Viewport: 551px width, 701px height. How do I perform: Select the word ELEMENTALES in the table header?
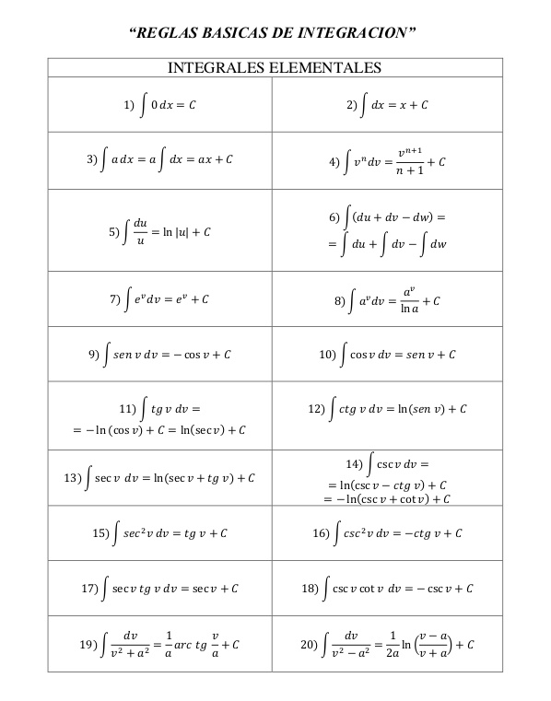323,68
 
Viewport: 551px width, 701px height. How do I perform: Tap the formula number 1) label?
130,106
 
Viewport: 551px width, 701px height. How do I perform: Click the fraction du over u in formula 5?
140,232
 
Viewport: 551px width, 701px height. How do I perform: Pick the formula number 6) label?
334,217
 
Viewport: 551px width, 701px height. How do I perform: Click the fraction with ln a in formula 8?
410,300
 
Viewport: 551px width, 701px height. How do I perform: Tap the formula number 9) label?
93,354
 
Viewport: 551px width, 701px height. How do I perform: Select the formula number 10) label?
327,354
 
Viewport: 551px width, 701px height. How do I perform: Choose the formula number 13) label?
73,478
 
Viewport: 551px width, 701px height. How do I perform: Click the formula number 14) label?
356,462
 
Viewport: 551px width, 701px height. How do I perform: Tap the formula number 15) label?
101,532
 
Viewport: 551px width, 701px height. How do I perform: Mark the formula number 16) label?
321,532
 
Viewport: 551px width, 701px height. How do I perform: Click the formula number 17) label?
89,588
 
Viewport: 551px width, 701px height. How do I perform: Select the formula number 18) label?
311,588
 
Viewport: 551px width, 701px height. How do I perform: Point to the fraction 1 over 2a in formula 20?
393,643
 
